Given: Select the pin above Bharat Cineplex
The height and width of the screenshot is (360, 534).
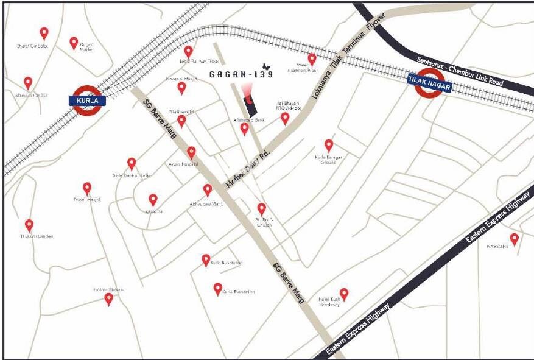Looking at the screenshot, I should point(44,34).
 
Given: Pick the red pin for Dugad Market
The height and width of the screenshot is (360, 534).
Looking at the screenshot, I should point(74,43).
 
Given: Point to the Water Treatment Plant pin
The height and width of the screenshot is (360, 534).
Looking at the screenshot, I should point(312,59).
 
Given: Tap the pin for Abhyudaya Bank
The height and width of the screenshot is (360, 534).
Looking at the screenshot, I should point(208,190).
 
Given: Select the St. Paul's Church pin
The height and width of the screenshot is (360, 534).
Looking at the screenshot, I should point(262,209).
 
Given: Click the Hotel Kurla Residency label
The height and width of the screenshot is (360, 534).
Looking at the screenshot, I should point(329,302).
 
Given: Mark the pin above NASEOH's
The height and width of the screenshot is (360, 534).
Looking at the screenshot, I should point(515,239).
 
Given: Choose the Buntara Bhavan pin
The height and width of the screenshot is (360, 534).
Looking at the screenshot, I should point(108,299).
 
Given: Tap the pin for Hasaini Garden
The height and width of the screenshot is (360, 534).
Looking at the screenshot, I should point(29,225).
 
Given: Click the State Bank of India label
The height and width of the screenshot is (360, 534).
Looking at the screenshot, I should point(131,175).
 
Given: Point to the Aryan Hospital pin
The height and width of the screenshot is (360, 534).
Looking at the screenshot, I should point(191,152).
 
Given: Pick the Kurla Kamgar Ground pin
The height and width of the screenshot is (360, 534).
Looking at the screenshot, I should point(329,146).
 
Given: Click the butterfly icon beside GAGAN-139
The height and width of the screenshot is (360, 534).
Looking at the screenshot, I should point(265,66).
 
